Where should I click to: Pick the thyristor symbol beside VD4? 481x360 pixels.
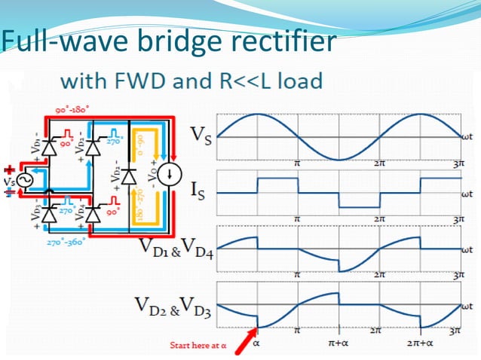92,215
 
